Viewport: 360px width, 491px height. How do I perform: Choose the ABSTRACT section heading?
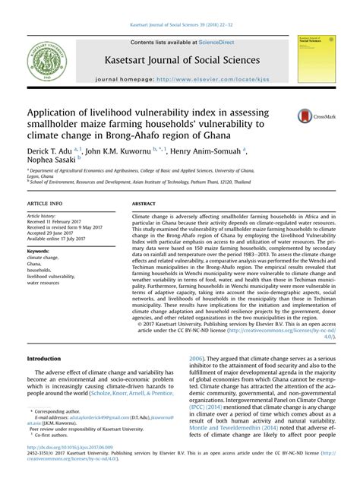(144, 205)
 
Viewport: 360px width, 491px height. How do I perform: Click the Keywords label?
(39, 249)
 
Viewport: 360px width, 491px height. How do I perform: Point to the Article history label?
(45, 217)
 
